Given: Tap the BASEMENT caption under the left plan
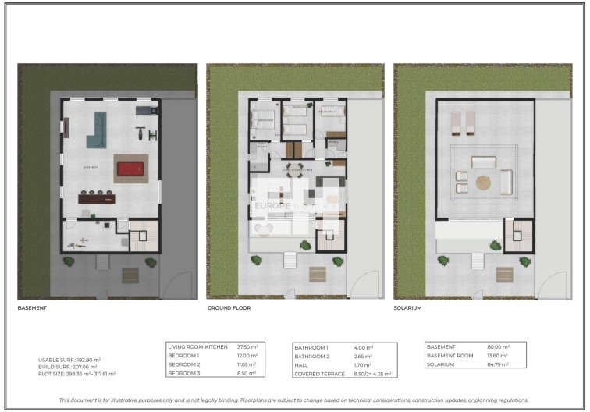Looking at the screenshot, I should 32,308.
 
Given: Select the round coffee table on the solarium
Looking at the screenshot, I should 484,183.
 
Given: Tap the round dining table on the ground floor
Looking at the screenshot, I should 293,174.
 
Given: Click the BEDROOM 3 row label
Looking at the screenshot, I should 186,372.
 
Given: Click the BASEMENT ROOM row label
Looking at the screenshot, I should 453,355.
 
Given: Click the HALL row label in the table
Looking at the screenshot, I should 302,364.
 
